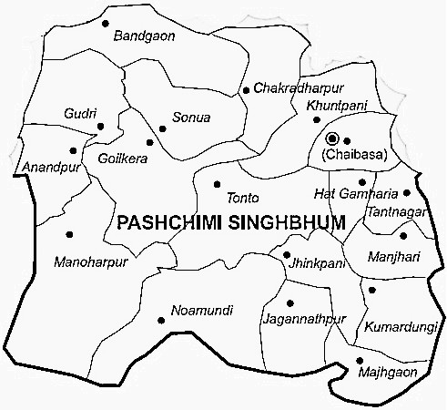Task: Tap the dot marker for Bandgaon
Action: click(107, 23)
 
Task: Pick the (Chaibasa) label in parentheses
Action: click(355, 155)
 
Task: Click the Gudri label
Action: click(79, 114)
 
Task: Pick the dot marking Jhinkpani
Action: click(288, 254)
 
